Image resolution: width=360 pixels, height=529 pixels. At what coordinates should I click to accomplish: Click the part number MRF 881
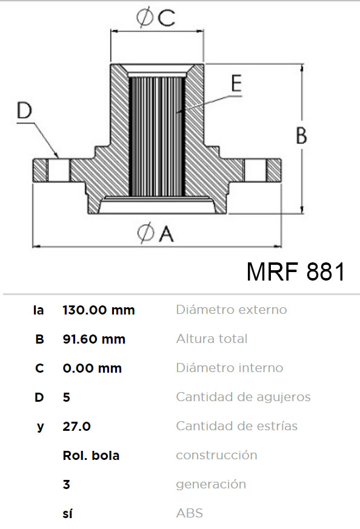(296, 271)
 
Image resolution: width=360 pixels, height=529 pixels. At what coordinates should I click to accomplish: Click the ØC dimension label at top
(156, 18)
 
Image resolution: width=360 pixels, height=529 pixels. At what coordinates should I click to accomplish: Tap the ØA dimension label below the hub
(156, 233)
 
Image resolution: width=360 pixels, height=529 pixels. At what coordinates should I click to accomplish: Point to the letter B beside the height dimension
(301, 135)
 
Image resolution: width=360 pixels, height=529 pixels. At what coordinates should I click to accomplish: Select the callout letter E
(236, 83)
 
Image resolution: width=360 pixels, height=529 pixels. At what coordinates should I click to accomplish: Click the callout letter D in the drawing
(24, 110)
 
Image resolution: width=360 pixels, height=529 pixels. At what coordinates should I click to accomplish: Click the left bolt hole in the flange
(59, 170)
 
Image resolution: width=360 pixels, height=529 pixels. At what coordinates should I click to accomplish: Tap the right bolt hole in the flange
(255, 170)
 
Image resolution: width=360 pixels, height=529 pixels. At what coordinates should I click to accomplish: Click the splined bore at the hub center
(157, 136)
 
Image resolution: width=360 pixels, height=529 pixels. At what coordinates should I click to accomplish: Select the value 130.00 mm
(99, 310)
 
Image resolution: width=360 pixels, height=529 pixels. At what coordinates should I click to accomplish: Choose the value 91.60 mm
(94, 339)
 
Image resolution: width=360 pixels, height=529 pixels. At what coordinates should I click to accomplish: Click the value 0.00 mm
(92, 368)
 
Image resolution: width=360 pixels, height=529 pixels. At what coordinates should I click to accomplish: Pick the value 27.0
(76, 427)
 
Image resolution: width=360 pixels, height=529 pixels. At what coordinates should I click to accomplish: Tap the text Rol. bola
(91, 456)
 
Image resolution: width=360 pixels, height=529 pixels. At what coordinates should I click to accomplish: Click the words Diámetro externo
(232, 310)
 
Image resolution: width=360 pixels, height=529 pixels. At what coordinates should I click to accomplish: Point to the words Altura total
(212, 338)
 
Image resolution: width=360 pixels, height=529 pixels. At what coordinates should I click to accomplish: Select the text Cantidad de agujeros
(243, 397)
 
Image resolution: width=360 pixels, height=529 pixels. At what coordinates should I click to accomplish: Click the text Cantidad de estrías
(237, 426)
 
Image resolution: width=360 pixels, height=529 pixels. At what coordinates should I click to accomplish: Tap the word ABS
(190, 513)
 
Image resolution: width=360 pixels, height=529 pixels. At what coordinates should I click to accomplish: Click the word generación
(211, 485)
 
